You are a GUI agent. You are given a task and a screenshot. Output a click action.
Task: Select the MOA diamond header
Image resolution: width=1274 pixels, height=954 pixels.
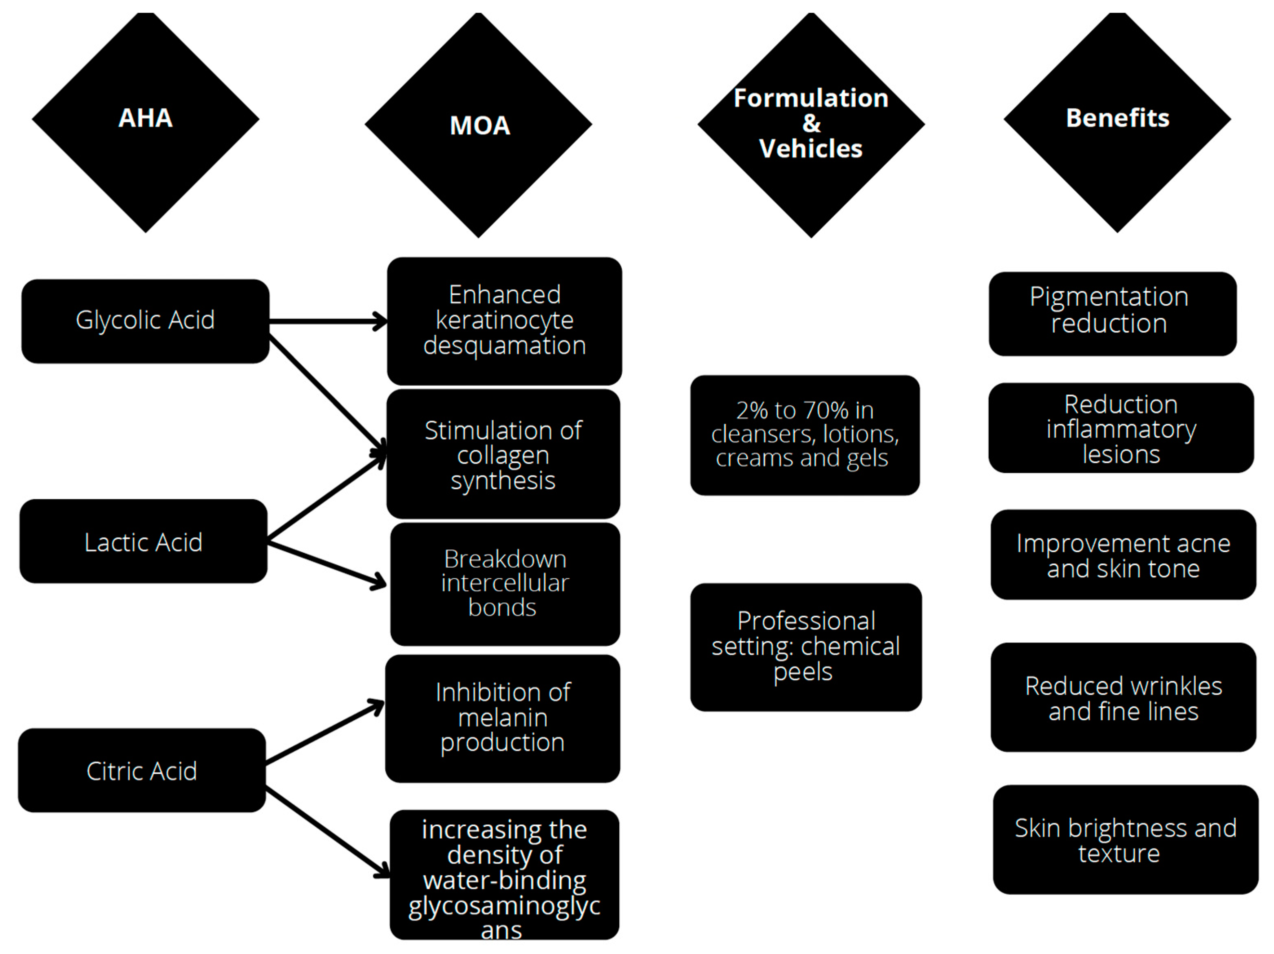pos(479,125)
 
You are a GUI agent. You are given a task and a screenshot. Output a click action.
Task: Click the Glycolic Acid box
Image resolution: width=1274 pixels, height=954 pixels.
pos(145,321)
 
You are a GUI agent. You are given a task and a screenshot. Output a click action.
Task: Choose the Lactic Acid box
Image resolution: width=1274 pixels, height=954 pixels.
pos(144,542)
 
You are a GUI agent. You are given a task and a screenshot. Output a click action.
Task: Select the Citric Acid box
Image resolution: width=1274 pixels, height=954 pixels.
pos(142,770)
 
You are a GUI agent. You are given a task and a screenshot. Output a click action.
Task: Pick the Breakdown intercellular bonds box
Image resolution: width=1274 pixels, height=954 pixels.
pos(505,584)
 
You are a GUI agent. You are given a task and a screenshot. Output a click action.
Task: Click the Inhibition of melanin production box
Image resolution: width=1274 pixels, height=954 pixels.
pos(502,718)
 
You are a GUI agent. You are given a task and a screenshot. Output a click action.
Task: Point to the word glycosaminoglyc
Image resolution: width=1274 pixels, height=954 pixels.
pos(504,905)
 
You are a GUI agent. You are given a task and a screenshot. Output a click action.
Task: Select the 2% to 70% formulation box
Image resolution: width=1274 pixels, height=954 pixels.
pos(805,435)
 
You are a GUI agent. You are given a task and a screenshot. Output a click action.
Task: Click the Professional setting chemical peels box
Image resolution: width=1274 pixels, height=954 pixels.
pos(805,647)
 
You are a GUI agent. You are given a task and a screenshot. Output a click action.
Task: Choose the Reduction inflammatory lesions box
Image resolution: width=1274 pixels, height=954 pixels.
pos(1120,428)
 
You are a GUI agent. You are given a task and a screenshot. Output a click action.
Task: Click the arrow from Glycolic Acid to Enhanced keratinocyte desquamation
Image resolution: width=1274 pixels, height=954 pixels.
pos(328,321)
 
